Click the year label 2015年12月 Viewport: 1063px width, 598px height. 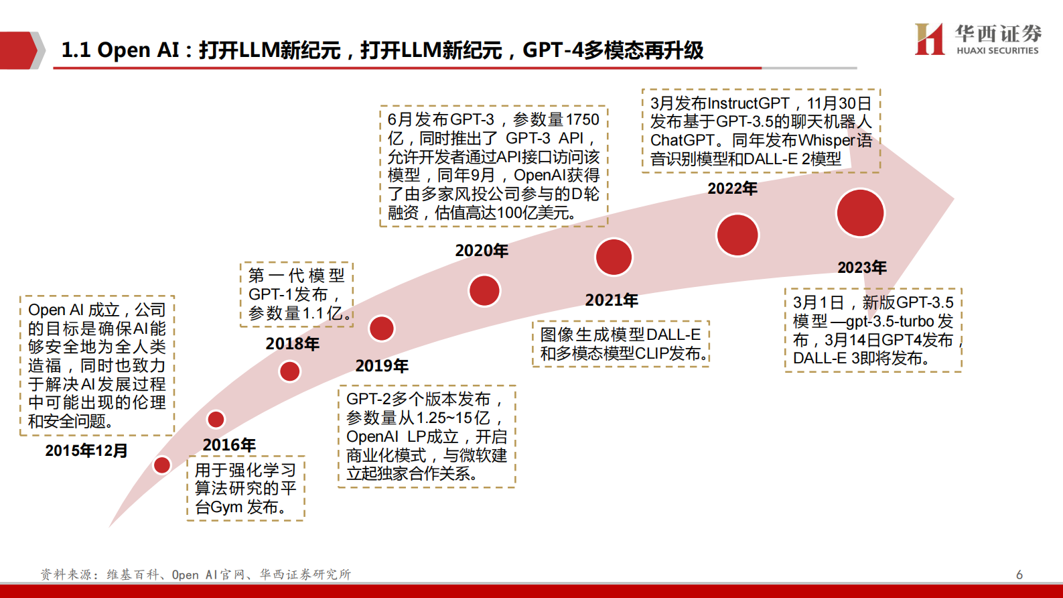pos(86,451)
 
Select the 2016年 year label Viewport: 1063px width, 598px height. pos(229,445)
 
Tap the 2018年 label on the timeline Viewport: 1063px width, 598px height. pos(293,344)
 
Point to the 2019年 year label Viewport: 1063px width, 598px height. pos(382,366)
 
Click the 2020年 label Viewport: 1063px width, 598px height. pos(482,251)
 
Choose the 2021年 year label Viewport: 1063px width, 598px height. pos(612,300)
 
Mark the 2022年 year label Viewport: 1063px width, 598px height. pos(732,189)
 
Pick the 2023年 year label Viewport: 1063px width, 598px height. pos(862,268)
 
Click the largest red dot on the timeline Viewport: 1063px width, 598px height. pos(860,213)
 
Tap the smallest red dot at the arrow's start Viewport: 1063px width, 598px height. pos(162,465)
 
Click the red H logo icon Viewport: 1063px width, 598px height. pos(930,39)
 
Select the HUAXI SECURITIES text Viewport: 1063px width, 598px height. pos(997,51)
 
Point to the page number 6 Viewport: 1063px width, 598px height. pos(1019,575)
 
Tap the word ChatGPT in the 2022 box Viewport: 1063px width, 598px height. pos(683,141)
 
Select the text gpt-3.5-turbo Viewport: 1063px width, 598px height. pos(890,321)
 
